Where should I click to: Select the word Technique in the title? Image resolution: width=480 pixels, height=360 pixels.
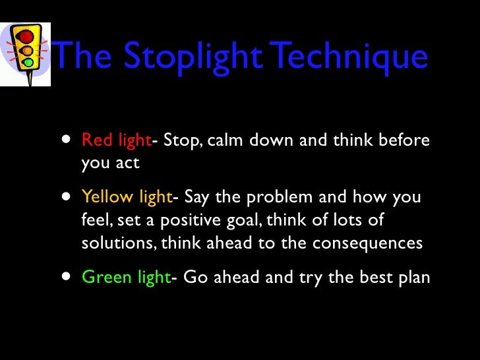(350, 57)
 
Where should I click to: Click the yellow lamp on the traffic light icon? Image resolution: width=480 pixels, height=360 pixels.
(27, 50)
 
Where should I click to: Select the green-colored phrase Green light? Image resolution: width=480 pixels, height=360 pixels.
(126, 277)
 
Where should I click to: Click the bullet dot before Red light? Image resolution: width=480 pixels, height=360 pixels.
(66, 140)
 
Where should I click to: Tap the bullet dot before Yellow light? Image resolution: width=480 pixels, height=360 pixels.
(66, 196)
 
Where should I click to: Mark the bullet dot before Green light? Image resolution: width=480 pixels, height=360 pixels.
(66, 276)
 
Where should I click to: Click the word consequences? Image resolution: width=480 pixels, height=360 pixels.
(367, 243)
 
